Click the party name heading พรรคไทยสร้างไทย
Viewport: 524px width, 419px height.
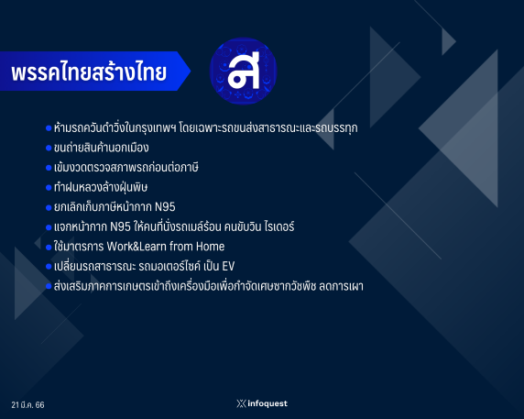[x=89, y=72]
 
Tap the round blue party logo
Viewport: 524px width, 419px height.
[x=244, y=71]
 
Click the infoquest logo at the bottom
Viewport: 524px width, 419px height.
[x=262, y=403]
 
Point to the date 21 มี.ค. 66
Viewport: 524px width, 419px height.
[x=27, y=404]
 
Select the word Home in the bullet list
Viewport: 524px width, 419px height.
[x=210, y=247]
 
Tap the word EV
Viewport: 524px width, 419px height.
[x=228, y=267]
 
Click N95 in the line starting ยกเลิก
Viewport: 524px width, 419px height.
[x=165, y=207]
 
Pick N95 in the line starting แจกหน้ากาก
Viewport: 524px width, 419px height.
[x=120, y=226]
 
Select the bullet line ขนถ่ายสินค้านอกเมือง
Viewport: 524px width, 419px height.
[x=102, y=148]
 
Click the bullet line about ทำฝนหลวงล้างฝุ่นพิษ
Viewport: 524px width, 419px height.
[x=101, y=187]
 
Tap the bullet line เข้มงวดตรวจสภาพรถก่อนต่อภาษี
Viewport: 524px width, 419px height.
[x=126, y=168]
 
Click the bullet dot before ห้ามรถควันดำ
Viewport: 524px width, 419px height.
[x=49, y=128]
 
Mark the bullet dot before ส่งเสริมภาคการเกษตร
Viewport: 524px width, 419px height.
[x=49, y=287]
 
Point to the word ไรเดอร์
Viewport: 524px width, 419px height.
[x=279, y=226]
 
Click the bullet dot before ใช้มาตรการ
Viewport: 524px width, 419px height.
[x=49, y=248]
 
